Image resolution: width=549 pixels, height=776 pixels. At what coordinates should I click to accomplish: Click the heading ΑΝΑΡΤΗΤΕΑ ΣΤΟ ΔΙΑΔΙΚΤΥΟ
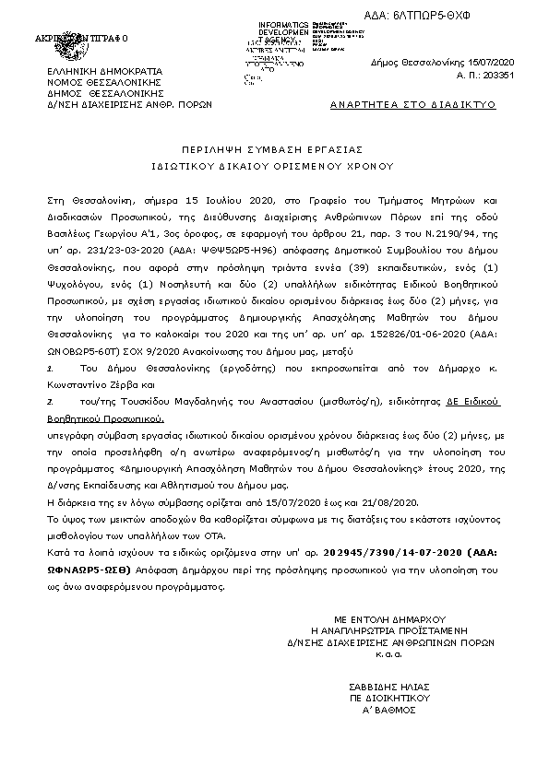pos(412,105)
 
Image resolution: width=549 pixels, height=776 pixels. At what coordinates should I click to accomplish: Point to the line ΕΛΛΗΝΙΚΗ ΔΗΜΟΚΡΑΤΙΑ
pos(105,70)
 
